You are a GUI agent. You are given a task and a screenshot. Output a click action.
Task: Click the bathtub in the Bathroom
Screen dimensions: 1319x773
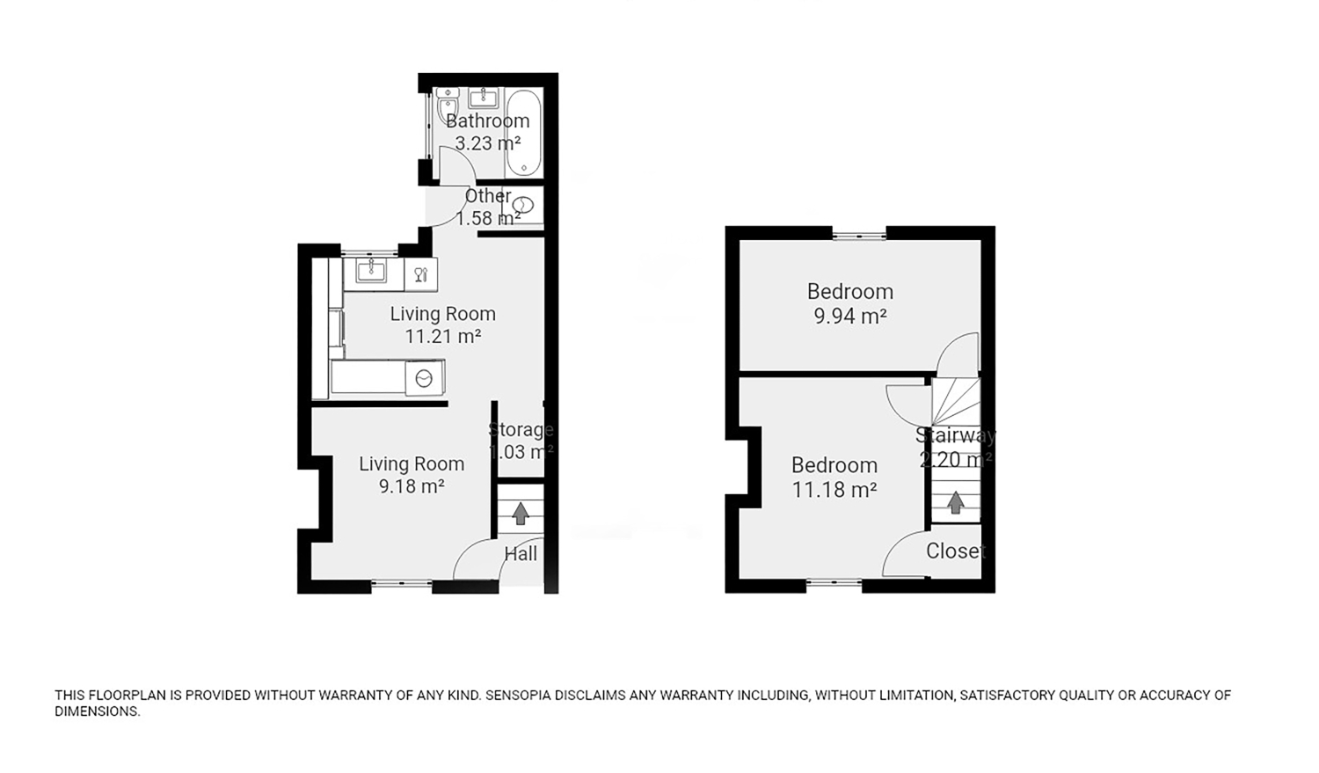pos(523,133)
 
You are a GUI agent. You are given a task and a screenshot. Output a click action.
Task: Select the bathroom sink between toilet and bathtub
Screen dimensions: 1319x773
pos(483,98)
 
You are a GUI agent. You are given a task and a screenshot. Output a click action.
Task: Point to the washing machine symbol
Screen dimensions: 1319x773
pos(424,378)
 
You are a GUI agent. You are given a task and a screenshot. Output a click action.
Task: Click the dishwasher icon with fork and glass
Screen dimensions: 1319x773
pos(420,274)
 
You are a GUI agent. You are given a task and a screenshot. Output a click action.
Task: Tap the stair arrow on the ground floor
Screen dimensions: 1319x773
pos(521,513)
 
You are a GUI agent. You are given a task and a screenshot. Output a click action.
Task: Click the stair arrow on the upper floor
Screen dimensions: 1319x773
pos(955,502)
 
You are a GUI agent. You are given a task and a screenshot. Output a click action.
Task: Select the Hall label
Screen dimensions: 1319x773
pos(521,553)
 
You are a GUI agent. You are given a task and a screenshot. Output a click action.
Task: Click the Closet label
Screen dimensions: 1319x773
pos(956,551)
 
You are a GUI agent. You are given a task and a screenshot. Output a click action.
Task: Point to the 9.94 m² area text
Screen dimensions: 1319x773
pos(850,317)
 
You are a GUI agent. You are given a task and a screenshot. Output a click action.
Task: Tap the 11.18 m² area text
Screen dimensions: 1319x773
pos(834,490)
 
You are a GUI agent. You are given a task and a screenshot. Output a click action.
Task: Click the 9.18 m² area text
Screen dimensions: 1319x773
pos(411,486)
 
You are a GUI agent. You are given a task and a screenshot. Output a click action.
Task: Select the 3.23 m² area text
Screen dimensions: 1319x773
pos(487,143)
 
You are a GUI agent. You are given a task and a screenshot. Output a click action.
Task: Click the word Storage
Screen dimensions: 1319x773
pos(521,430)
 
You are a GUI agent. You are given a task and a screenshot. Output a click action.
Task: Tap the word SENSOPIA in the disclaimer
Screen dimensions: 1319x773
pos(518,696)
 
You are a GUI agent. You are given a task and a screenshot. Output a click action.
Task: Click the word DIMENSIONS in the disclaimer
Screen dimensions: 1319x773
pos(97,711)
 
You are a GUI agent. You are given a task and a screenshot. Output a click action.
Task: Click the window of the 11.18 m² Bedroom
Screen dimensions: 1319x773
pos(834,582)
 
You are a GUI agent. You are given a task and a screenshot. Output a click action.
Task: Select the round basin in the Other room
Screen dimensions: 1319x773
pos(523,205)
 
